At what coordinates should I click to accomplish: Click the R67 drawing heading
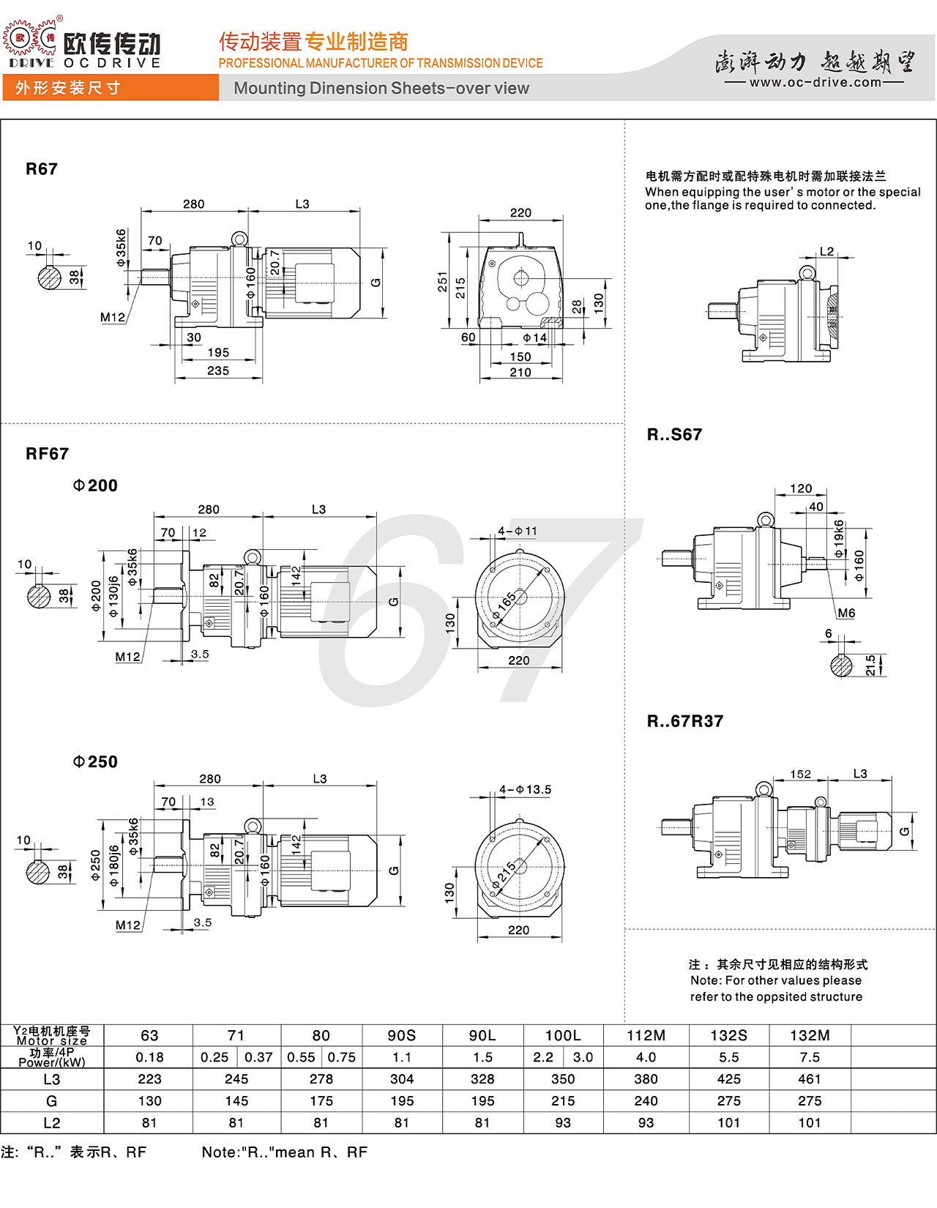click(x=42, y=169)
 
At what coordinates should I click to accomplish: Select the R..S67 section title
click(x=674, y=434)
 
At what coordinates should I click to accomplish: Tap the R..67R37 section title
click(x=684, y=721)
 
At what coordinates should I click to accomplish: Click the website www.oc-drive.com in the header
click(x=815, y=83)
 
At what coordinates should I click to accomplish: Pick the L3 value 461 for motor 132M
click(x=809, y=1079)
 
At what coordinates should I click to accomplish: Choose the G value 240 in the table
click(x=646, y=1100)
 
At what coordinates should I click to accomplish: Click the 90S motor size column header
click(x=402, y=1035)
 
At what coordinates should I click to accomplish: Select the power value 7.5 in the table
click(x=809, y=1056)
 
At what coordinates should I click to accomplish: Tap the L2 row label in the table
click(x=52, y=1123)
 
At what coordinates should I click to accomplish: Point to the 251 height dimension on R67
click(x=442, y=282)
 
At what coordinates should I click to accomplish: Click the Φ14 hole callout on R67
click(x=534, y=338)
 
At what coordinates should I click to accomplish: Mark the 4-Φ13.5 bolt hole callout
click(x=525, y=789)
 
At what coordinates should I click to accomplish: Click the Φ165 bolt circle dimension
click(x=504, y=607)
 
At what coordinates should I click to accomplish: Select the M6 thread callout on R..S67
click(x=845, y=614)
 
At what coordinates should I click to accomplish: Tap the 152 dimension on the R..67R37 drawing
click(x=800, y=774)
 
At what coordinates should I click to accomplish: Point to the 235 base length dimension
click(x=218, y=370)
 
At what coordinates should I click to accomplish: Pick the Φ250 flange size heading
click(x=95, y=761)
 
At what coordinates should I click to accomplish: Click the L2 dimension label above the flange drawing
click(x=826, y=251)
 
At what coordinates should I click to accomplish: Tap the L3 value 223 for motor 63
click(x=149, y=1079)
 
